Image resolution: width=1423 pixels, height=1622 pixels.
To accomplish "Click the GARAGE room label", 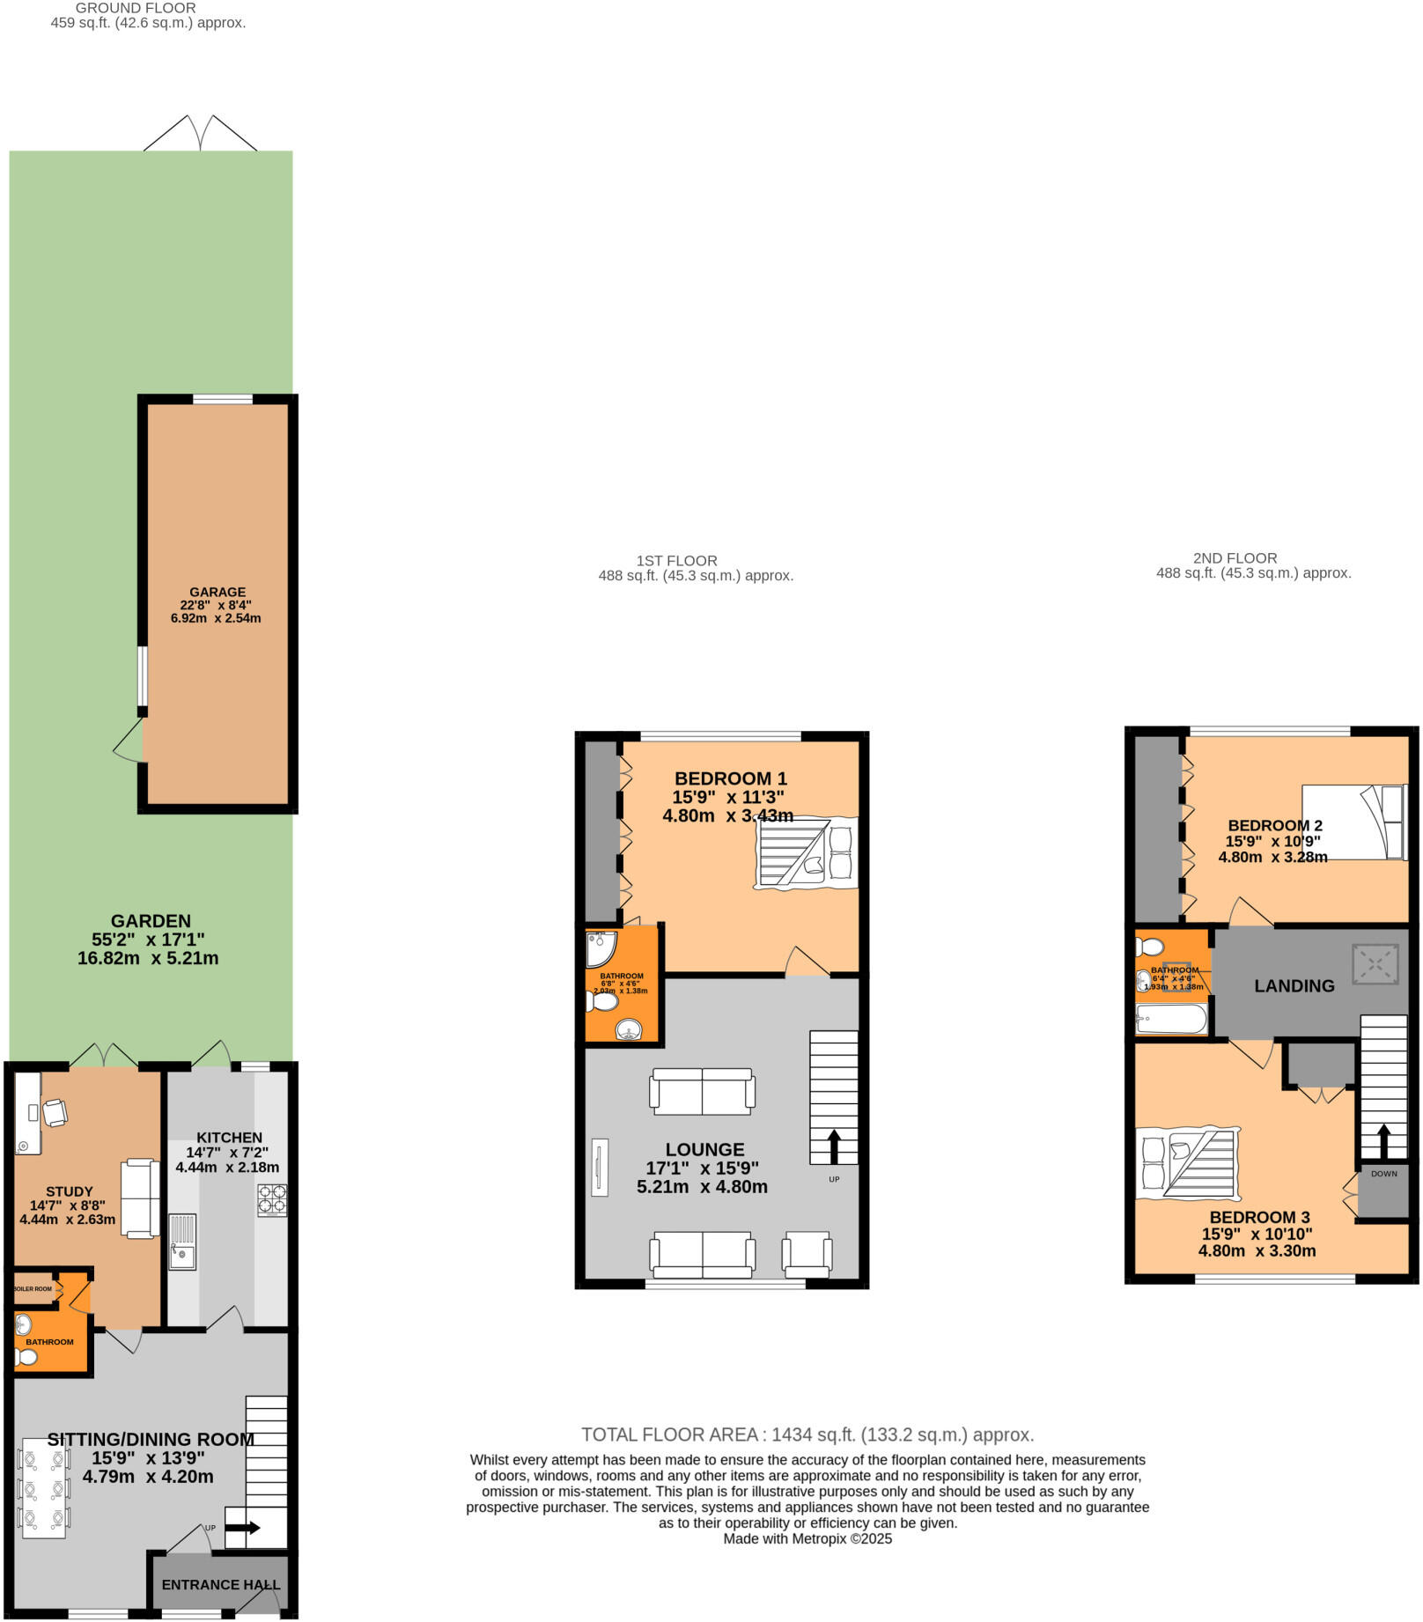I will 218,592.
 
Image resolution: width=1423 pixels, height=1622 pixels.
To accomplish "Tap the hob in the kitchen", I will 271,1200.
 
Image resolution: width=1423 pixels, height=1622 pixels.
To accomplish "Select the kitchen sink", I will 182,1242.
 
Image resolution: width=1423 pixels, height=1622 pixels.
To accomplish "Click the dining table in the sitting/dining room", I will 44,1487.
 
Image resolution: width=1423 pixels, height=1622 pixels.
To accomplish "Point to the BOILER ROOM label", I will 33,1289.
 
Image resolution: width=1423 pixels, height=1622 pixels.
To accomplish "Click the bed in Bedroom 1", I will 806,853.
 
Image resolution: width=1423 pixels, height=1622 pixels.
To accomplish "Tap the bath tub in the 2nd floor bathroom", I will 1171,1020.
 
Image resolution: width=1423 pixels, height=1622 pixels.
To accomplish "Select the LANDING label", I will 1294,986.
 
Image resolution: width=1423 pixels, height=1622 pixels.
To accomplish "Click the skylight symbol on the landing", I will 1375,964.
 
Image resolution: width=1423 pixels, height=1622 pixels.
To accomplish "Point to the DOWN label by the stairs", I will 1383,1174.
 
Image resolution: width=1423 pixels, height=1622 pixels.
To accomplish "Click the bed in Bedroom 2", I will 1353,822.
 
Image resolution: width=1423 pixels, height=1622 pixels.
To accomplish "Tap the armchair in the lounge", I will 807,1254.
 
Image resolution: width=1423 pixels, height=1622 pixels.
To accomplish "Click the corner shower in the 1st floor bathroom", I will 600,948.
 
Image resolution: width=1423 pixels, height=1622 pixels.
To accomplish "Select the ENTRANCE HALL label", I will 220,1584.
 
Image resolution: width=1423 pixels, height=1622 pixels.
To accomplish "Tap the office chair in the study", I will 55,1112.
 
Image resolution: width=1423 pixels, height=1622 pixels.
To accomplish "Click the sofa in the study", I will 140,1198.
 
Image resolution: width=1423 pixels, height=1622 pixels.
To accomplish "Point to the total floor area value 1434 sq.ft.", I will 807,1434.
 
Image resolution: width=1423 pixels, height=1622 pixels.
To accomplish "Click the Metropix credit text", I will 807,1539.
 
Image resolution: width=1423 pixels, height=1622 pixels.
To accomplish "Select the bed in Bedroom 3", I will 1187,1162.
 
